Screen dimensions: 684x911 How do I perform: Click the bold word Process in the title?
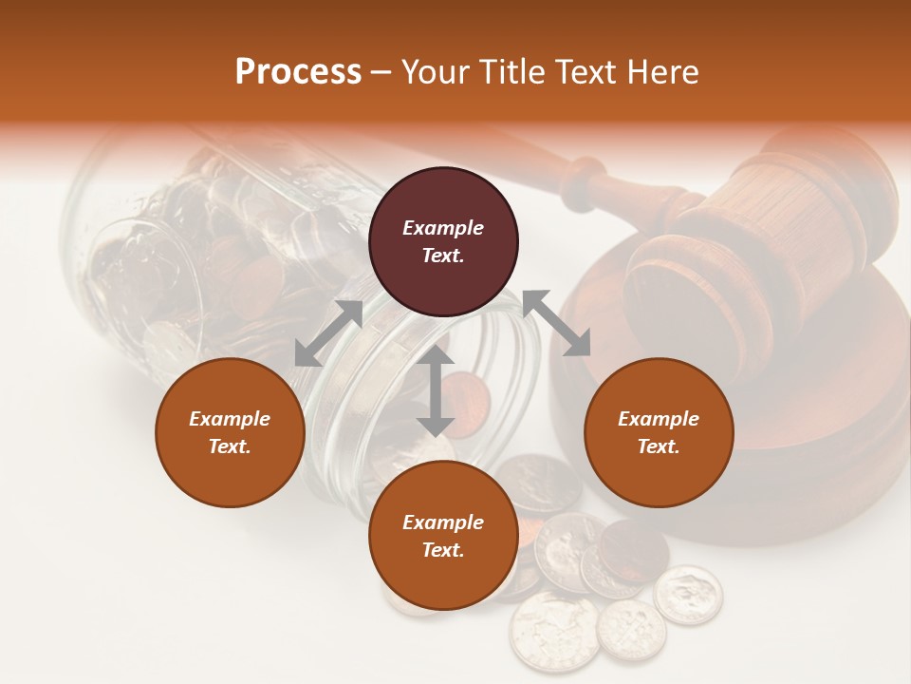coord(298,72)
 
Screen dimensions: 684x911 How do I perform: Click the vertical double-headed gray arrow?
coord(436,391)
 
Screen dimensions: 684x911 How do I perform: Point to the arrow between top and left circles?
coord(328,333)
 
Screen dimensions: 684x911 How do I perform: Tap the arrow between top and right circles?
coord(557,324)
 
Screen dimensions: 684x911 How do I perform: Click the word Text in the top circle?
coord(443,256)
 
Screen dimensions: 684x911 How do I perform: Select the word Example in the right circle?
coord(659,419)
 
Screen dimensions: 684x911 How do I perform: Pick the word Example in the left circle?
coord(230,419)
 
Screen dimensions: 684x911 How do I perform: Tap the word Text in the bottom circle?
coord(443,550)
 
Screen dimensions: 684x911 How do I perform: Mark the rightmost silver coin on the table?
coord(689,596)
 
